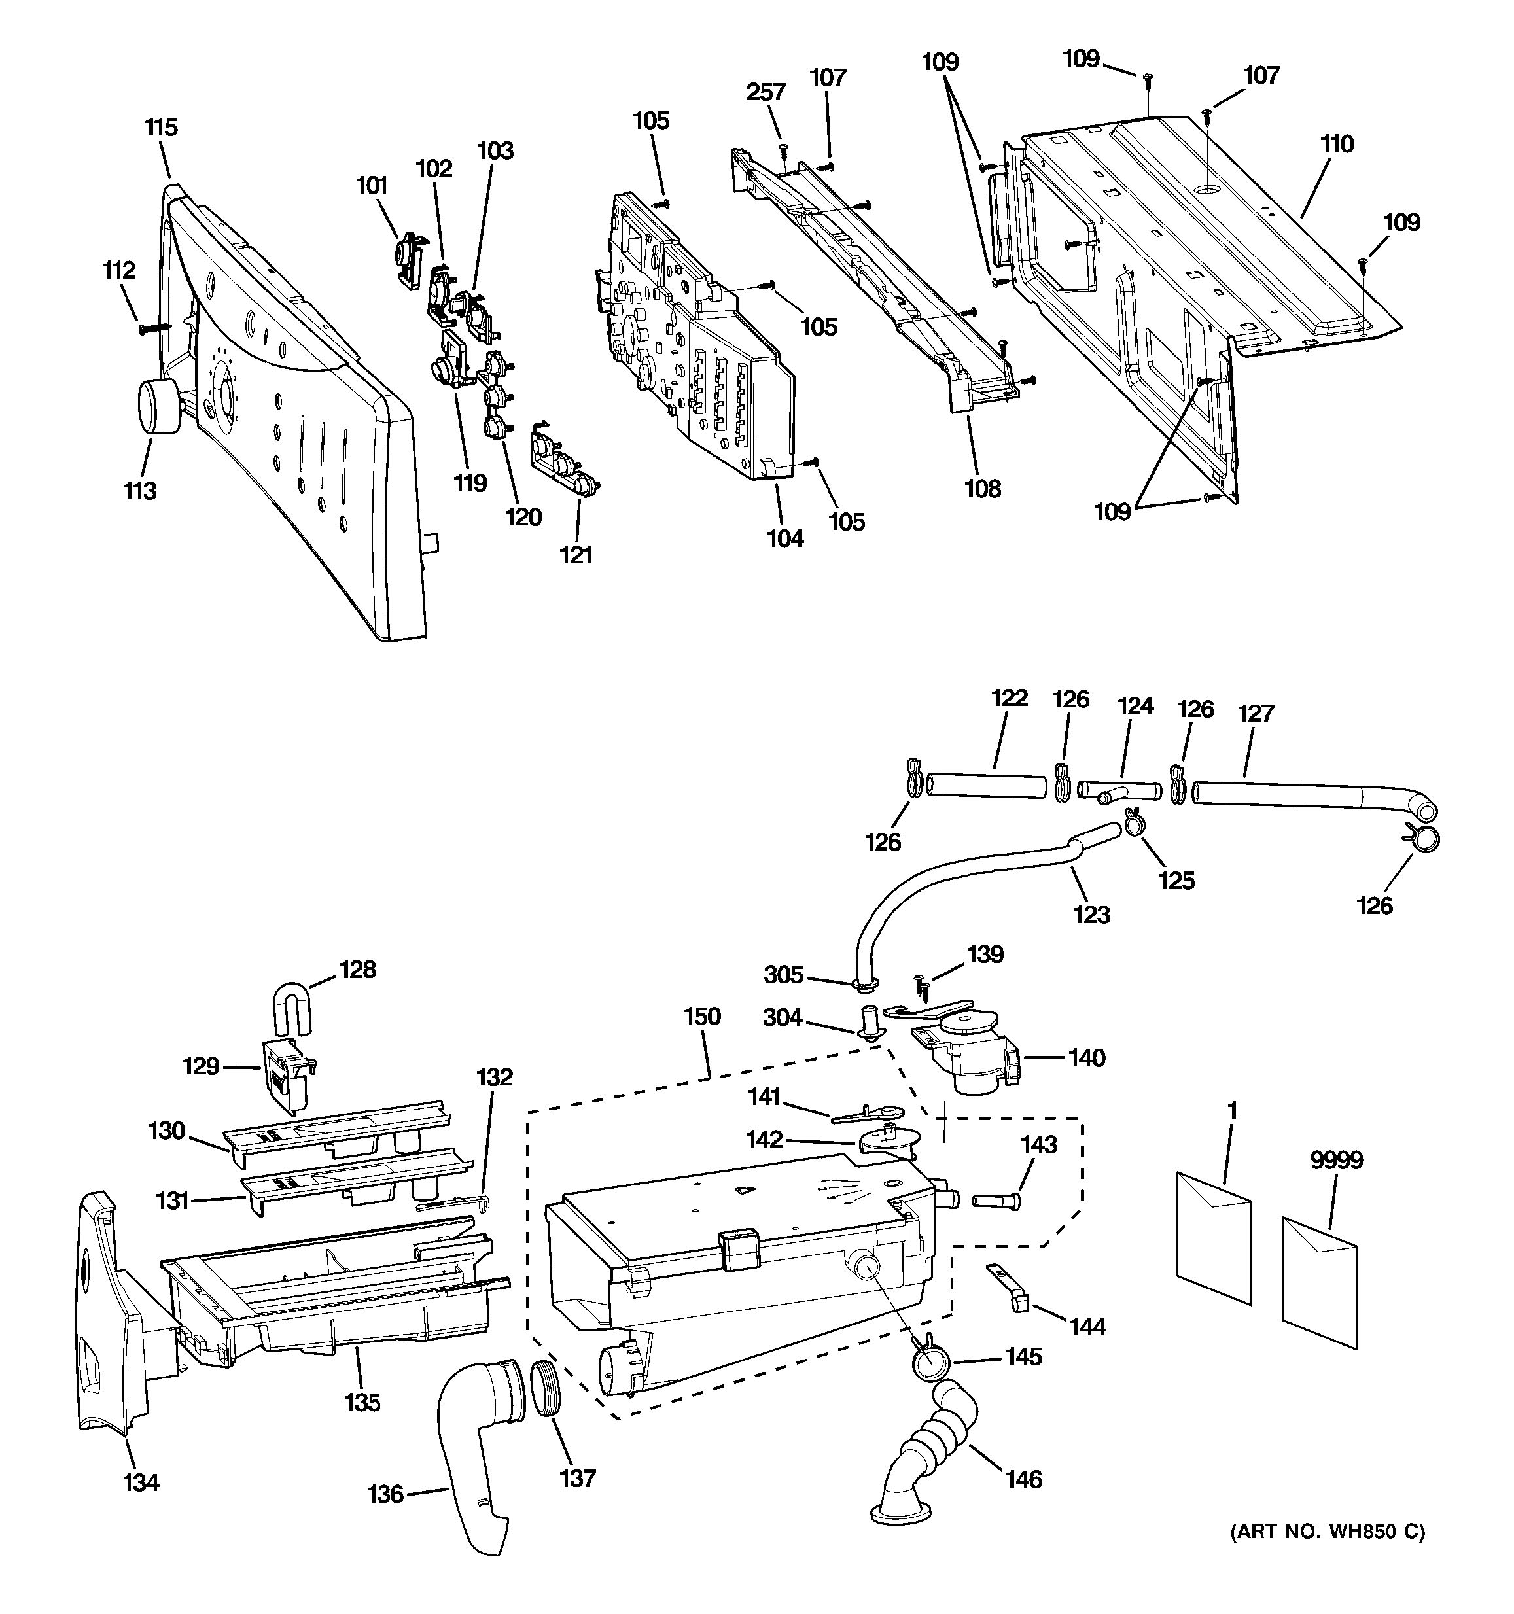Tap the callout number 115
coord(162,128)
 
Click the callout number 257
coord(766,92)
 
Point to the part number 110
coord(1336,145)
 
